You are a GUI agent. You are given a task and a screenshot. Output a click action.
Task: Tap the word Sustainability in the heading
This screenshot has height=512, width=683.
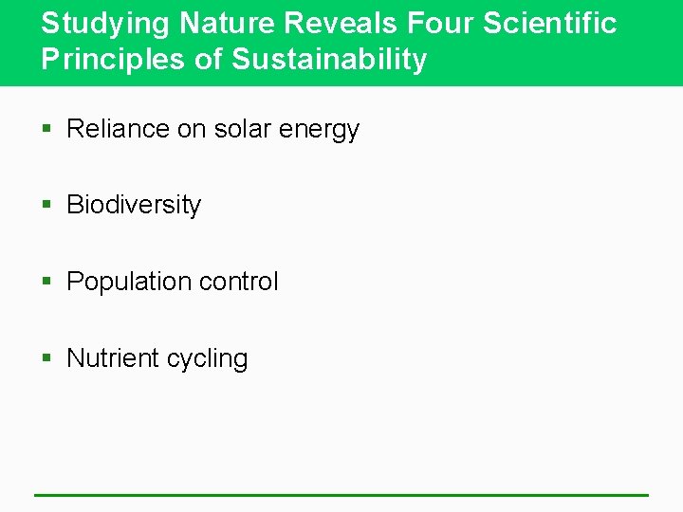[x=329, y=61]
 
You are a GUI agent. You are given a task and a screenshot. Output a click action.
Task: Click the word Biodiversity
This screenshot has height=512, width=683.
[x=134, y=206]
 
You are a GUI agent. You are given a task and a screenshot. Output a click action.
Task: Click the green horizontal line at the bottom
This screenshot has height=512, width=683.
[x=341, y=495]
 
